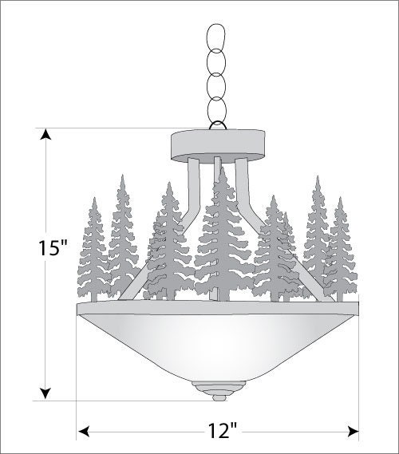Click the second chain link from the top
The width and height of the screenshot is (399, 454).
pyautogui.click(x=215, y=61)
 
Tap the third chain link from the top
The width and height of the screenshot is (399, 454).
pyautogui.click(x=215, y=85)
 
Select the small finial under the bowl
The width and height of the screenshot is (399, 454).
pyautogui.click(x=219, y=391)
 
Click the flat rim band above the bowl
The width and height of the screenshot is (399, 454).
pyautogui.click(x=218, y=308)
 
